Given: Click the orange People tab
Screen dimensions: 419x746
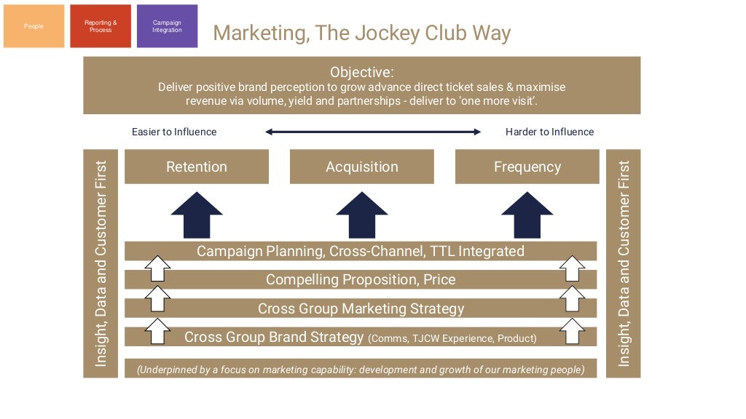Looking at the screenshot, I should [34, 26].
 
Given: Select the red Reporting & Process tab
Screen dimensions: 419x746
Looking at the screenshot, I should [101, 26].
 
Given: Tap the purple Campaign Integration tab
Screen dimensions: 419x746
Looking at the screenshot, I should [167, 26].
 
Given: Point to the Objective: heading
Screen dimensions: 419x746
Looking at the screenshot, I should [361, 72].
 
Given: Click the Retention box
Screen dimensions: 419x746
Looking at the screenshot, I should [197, 167].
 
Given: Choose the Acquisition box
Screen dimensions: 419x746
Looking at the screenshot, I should [362, 167].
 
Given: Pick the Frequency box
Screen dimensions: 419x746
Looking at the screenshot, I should [527, 167].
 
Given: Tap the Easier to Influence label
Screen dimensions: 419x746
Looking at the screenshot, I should [174, 132].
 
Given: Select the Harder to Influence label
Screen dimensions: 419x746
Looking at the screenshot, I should [549, 132].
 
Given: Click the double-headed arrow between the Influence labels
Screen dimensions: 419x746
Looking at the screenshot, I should [372, 132].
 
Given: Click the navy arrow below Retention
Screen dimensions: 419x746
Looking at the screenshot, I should [197, 215].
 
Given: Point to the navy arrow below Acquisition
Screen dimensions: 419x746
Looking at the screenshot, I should [362, 215].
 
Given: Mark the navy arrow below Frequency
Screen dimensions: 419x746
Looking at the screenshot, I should [527, 215].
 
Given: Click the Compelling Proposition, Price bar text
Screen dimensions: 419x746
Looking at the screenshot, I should [361, 279].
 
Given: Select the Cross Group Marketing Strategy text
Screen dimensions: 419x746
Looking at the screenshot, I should [361, 308].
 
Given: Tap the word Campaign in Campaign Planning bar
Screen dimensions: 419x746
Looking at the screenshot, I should [227, 251].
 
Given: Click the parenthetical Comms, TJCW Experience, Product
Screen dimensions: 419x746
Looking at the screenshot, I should [452, 338].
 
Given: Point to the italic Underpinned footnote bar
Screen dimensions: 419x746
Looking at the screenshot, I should [361, 370].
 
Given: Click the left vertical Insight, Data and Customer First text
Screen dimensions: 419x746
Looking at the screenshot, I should [101, 263].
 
